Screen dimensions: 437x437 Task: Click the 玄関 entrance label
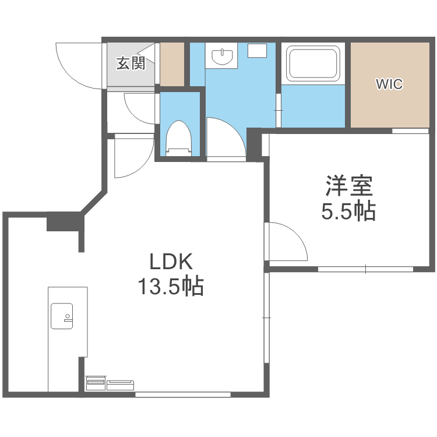[x=130, y=63]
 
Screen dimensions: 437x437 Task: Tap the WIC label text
[x=389, y=84]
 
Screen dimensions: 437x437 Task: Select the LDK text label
[x=171, y=262]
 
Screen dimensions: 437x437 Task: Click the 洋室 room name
[x=348, y=187]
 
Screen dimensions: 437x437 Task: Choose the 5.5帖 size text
[x=348, y=211]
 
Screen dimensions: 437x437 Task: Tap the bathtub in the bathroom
[x=313, y=64]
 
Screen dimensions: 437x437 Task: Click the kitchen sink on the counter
[x=62, y=316]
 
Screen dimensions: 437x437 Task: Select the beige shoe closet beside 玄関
[x=172, y=64]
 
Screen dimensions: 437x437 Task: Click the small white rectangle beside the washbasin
[x=256, y=51]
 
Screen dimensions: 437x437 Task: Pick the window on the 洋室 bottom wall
[x=365, y=269]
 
